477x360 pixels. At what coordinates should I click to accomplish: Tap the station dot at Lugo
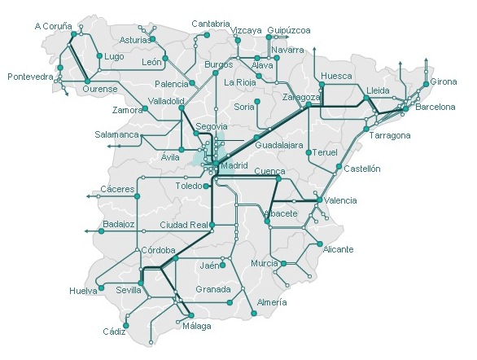[99, 56]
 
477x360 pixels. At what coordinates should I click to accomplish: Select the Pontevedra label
[30, 77]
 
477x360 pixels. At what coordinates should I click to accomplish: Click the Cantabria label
[210, 24]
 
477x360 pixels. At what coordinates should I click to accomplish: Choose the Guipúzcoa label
[289, 30]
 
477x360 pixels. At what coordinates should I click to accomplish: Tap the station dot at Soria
[256, 101]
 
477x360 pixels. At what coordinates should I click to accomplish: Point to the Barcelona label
[435, 107]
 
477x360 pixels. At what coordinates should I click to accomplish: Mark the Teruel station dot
[309, 152]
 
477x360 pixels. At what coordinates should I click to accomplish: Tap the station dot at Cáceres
[136, 196]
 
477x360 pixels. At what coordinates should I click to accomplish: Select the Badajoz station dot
[102, 231]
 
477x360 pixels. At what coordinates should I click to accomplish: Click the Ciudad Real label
[183, 225]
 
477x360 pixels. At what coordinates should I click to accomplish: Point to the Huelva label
[83, 290]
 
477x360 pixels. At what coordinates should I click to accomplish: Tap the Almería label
[271, 302]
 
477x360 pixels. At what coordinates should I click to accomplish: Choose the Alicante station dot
[320, 244]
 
